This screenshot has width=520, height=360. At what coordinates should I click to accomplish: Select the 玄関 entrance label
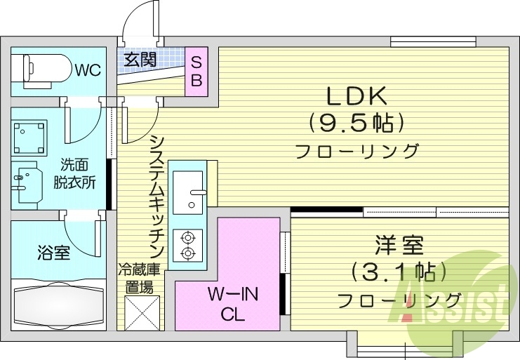[x=140, y=60]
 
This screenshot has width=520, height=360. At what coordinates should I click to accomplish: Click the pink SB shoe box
[x=196, y=70]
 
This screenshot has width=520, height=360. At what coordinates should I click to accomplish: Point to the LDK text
[x=355, y=96]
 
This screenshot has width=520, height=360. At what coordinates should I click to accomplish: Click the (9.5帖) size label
[x=356, y=123]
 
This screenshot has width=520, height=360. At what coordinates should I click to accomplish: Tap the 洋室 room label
[x=399, y=246]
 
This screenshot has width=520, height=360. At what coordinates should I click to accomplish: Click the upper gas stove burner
[x=187, y=236]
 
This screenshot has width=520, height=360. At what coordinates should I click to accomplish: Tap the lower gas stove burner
[x=187, y=253]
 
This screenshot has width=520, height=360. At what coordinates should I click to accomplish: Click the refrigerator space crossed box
[x=140, y=312]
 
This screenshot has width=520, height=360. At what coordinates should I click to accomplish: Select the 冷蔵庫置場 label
[x=138, y=277]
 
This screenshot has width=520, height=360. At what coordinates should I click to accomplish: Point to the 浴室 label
[x=53, y=253]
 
